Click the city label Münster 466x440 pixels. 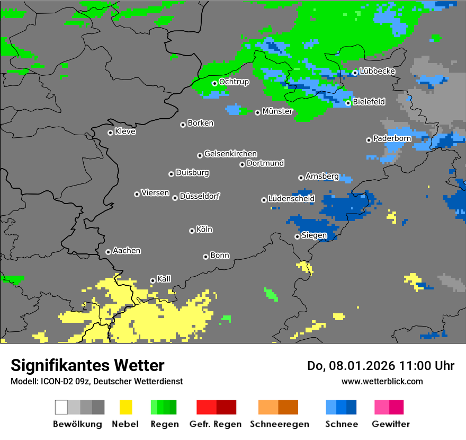277,111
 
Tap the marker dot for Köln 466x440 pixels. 192,231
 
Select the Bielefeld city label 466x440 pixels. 369,101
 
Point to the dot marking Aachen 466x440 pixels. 108,252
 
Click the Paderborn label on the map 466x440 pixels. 392,138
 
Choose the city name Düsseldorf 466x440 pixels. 200,196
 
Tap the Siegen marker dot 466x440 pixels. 297,236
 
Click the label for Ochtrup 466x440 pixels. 234,82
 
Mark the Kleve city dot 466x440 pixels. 110,133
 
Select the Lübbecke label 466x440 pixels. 378,71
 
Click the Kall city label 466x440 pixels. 164,279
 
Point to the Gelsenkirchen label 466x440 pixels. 230,154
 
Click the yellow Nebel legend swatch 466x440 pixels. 126,407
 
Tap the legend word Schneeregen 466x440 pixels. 280,424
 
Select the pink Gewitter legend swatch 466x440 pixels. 381,407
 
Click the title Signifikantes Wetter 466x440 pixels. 87,365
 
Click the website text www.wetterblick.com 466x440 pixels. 382,381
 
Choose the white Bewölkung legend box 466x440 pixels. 61,407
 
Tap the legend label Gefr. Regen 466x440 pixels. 216,424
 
